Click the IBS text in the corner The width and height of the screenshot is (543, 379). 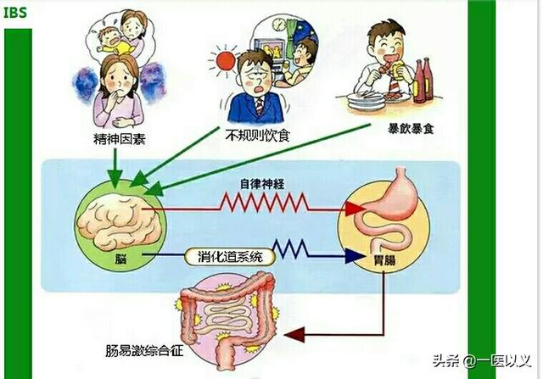(15, 13)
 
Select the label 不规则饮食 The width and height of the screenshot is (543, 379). (257, 136)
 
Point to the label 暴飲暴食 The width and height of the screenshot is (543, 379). (411, 129)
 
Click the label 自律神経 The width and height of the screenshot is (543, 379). (262, 184)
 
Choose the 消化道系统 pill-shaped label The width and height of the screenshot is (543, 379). (230, 257)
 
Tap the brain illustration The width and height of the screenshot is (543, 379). (119, 220)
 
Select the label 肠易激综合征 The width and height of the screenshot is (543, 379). (144, 351)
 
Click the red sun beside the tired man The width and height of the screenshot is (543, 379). (226, 61)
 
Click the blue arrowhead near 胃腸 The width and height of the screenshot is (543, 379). (355, 256)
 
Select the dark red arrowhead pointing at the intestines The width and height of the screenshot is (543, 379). (294, 335)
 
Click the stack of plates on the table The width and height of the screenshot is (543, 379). (367, 102)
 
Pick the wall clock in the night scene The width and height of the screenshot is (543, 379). (277, 24)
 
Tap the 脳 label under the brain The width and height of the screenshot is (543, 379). (120, 259)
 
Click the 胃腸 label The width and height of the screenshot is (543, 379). (384, 260)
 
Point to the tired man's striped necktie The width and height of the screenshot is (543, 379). (260, 106)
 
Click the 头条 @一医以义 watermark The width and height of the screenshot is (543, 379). (482, 361)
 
